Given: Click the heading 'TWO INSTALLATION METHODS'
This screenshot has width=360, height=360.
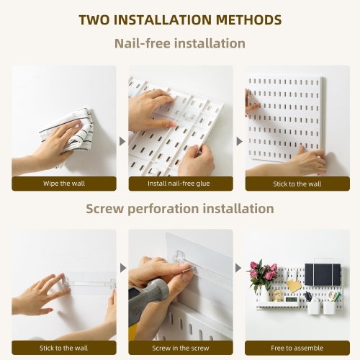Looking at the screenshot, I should click(180, 19).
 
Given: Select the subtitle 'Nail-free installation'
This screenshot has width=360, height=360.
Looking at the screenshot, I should click(180, 44).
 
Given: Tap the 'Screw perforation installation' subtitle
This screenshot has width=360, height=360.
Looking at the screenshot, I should click(180, 209).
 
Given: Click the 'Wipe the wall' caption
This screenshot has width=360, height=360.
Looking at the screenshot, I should click(63, 183).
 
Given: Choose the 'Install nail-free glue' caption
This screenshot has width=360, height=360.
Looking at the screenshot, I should click(180, 183).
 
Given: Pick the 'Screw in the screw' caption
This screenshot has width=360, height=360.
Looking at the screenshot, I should click(180, 347).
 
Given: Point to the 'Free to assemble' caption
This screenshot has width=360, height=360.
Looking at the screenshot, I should click(297, 347).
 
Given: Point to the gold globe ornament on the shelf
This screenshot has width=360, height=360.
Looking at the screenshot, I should click(276, 295).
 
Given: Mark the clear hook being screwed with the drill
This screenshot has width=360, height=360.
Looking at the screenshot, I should click(181, 258).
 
